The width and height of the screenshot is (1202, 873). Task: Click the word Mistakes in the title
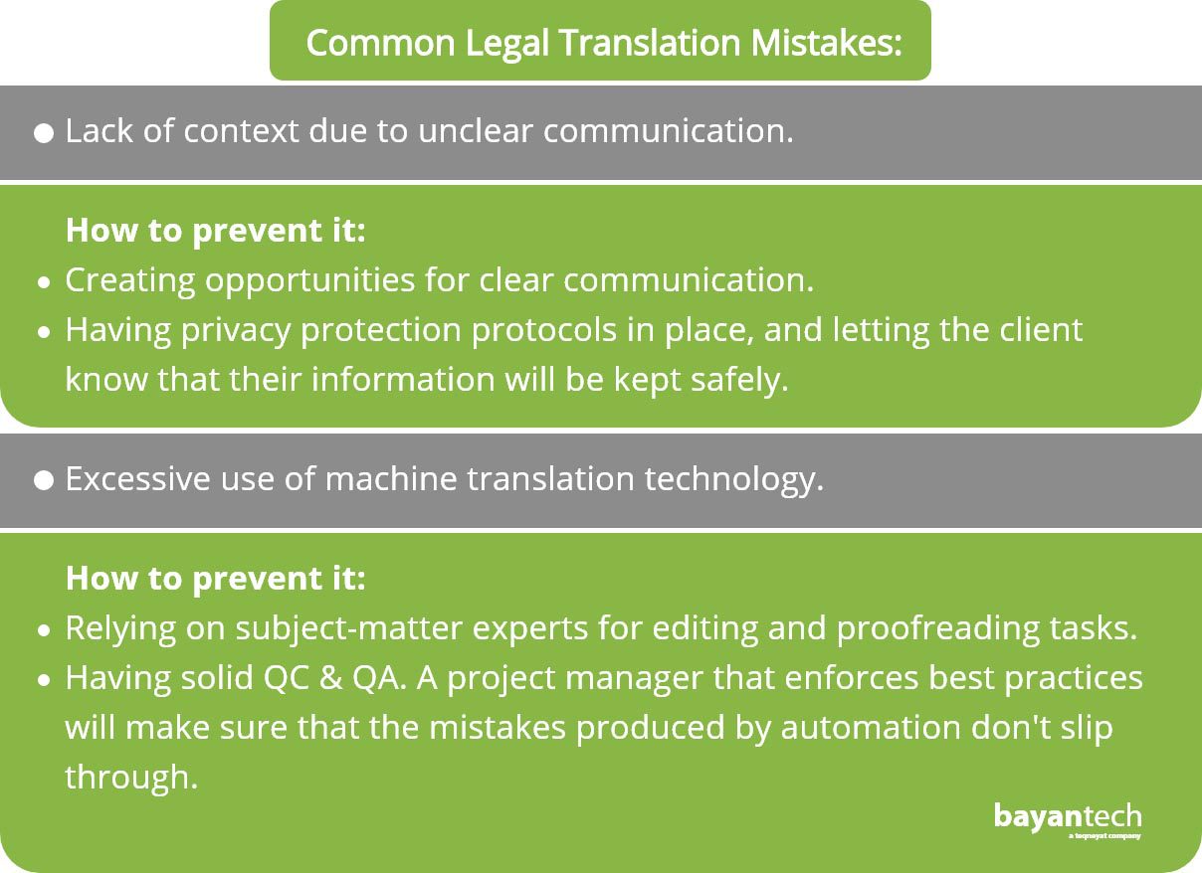tap(826, 43)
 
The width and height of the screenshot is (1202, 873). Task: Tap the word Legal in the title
tap(507, 44)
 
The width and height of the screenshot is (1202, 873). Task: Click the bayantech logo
tap(1068, 820)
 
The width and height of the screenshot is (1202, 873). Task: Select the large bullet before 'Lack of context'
tap(44, 133)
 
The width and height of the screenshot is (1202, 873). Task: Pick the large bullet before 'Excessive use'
tap(44, 480)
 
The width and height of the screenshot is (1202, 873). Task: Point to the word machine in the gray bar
tap(391, 478)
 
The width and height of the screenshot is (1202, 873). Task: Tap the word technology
tap(733, 480)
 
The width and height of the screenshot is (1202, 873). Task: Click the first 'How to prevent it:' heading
tap(215, 231)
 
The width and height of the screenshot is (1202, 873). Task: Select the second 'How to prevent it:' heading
tap(215, 579)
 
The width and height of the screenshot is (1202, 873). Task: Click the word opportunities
tap(309, 281)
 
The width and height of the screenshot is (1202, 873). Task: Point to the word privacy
tap(236, 331)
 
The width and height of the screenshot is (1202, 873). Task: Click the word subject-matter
tap(349, 629)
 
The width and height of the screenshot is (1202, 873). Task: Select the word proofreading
tap(938, 629)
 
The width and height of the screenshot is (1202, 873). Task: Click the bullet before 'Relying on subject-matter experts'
tap(45, 631)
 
